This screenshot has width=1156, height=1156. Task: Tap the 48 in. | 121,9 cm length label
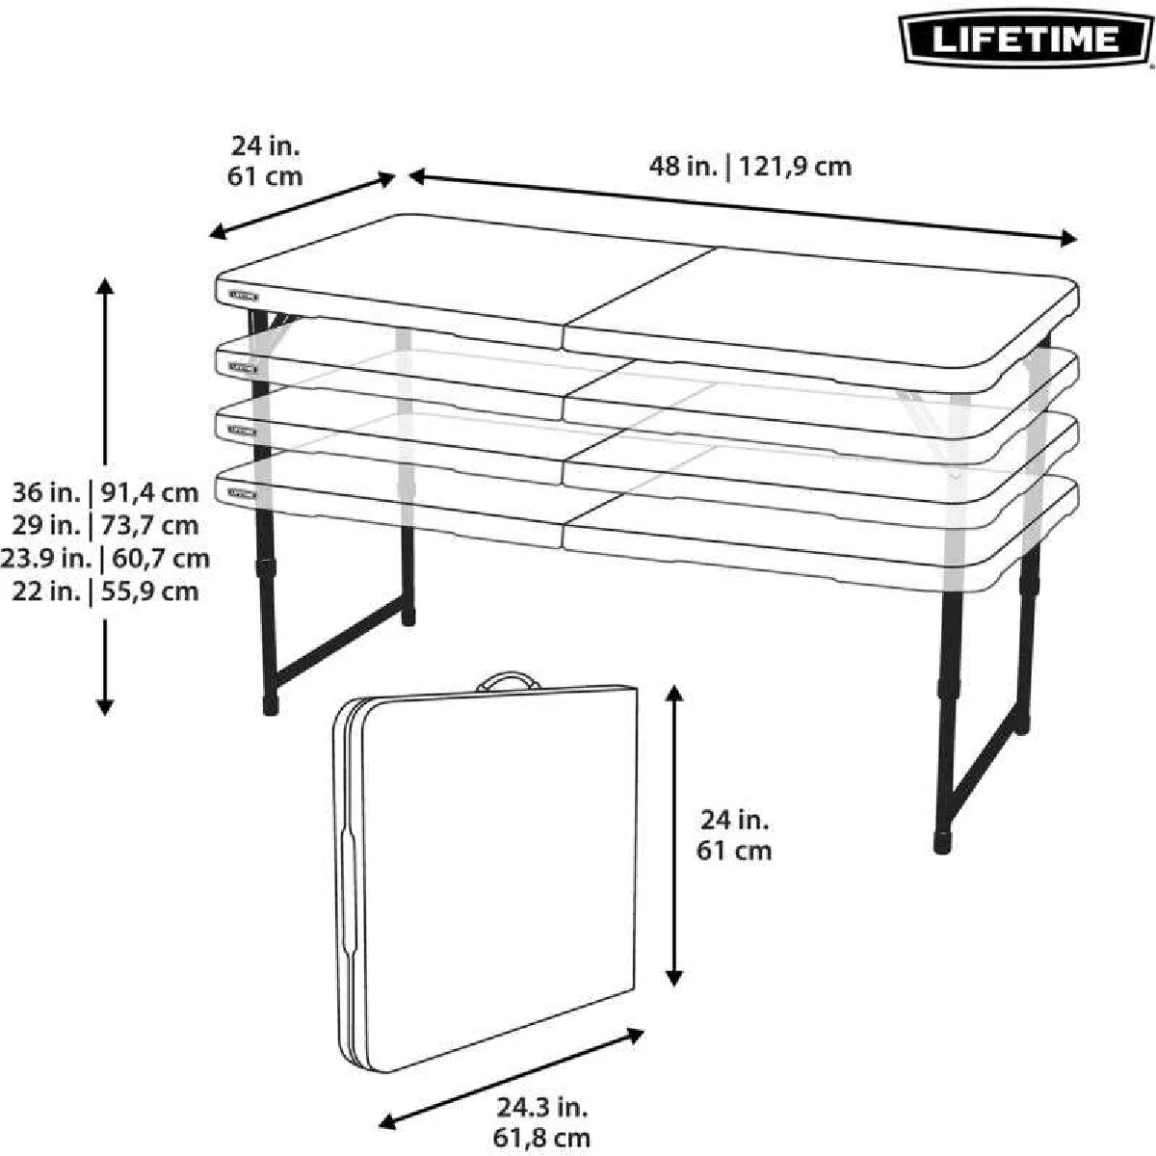tap(749, 166)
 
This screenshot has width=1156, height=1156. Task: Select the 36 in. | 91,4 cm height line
tap(105, 492)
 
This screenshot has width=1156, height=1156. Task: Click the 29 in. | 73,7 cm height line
tap(105, 526)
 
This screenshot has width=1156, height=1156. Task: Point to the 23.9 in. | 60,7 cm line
tap(105, 559)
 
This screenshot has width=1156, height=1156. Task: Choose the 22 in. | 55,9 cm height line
tap(105, 591)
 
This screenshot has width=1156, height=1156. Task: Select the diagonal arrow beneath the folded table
tap(512, 1062)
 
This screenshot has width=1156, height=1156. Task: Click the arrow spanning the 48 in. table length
tap(743, 207)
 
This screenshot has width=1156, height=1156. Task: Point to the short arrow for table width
tap(302, 206)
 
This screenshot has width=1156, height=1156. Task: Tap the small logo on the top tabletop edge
tap(243, 296)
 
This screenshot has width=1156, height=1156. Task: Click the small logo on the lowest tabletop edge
tap(243, 494)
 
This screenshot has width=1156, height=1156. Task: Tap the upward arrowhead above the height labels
tap(105, 287)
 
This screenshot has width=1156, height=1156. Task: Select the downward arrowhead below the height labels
tap(105, 707)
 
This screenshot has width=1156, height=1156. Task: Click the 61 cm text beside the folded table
tap(734, 851)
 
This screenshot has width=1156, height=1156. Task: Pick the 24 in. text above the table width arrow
tap(265, 146)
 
